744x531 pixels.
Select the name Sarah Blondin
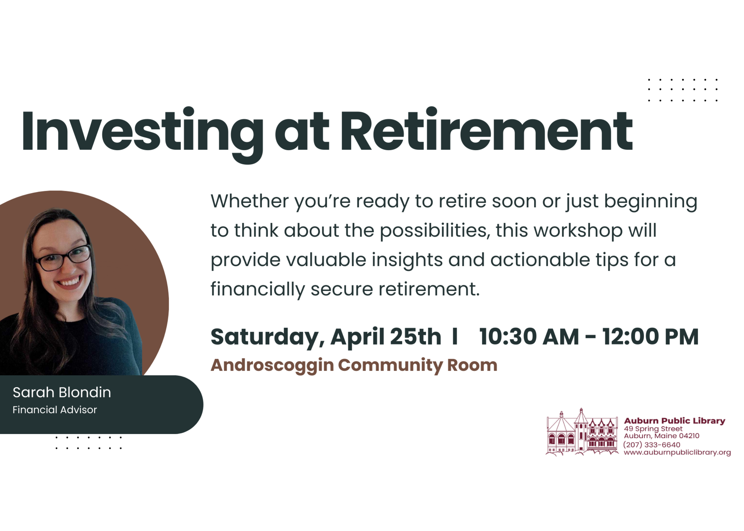tap(62, 392)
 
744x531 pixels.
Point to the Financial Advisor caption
tap(55, 410)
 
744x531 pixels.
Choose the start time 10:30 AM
tap(529, 337)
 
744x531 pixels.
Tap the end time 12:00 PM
tap(650, 337)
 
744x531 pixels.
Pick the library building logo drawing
tap(582, 432)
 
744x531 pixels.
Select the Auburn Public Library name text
tap(674, 421)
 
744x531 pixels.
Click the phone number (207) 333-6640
tap(652, 444)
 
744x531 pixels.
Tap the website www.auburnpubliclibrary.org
tap(677, 452)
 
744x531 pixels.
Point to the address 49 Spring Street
tap(653, 429)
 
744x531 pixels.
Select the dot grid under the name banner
tap(88, 443)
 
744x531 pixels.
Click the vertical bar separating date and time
tap(455, 337)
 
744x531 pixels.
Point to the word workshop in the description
tap(578, 231)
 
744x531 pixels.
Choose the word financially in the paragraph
tap(258, 290)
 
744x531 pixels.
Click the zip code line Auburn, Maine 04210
tap(661, 436)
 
